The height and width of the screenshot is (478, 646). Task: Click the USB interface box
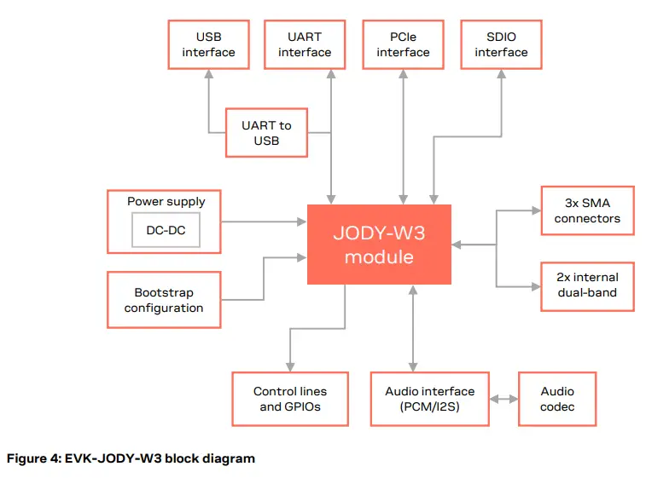click(x=208, y=44)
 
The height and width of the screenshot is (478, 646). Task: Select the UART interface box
click(x=305, y=44)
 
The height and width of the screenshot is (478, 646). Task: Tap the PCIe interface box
click(x=403, y=44)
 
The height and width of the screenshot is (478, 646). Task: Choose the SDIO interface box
click(x=501, y=44)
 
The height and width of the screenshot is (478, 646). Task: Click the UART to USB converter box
click(x=266, y=132)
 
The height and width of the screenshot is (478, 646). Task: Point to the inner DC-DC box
click(x=166, y=230)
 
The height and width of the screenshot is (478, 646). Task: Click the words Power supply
click(x=166, y=202)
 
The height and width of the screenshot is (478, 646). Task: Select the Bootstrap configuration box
click(x=164, y=300)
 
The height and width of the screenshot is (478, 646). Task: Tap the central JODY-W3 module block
click(x=379, y=245)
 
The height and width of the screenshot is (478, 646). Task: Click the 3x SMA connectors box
click(x=587, y=211)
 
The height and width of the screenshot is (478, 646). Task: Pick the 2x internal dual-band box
click(x=587, y=285)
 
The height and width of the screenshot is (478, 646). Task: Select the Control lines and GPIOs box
click(x=290, y=399)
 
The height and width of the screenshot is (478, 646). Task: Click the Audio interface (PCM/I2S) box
click(x=429, y=399)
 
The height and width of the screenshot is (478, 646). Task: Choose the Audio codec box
click(x=557, y=399)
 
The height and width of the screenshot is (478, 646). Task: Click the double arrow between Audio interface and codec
click(x=503, y=399)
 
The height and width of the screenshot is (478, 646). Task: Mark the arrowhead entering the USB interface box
click(x=208, y=75)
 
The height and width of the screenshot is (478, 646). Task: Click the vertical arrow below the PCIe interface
click(x=403, y=136)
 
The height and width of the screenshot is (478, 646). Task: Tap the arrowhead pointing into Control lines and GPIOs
click(x=290, y=366)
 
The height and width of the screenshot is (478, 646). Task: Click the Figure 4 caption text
click(x=131, y=458)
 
